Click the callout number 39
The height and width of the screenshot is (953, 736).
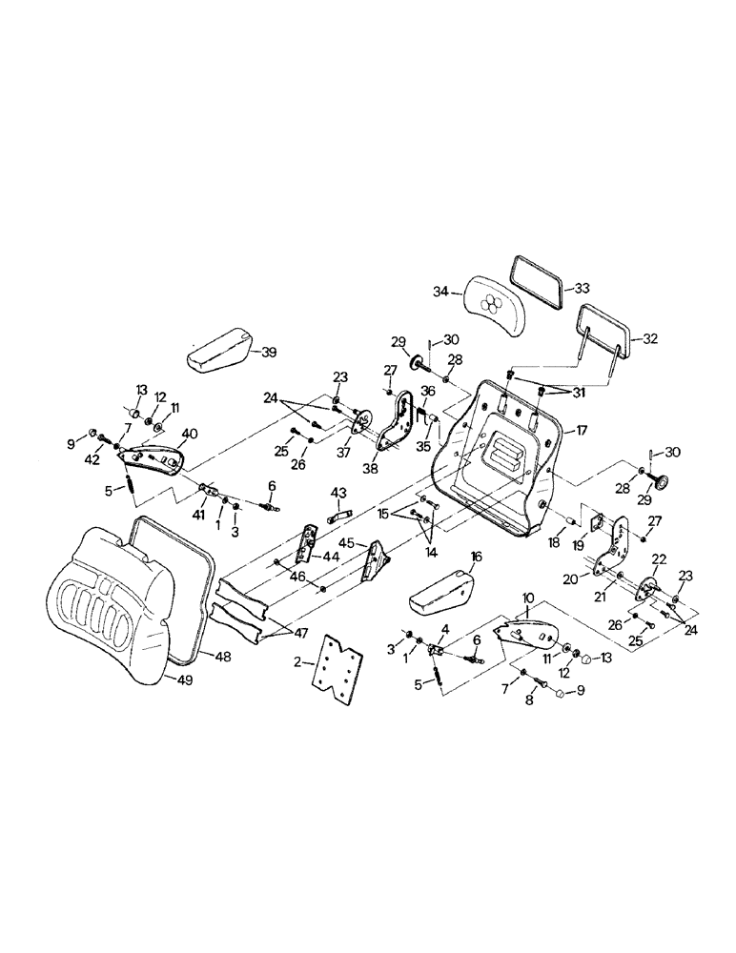[270, 352]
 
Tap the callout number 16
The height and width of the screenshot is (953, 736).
[476, 556]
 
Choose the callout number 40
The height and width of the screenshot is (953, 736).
[190, 433]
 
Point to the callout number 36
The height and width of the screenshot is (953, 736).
[428, 391]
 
